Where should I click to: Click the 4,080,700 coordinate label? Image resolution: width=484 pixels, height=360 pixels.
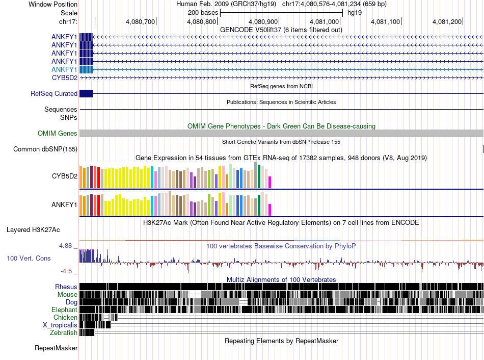tap(140, 21)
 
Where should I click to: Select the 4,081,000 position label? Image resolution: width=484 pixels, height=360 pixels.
tap(324, 21)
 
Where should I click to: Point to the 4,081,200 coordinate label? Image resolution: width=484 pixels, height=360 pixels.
tap(447, 21)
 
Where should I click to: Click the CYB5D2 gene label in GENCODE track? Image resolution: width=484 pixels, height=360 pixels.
tap(65, 78)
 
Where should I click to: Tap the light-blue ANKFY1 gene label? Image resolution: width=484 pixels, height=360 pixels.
tap(64, 69)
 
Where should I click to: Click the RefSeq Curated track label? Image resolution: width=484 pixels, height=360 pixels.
tap(54, 93)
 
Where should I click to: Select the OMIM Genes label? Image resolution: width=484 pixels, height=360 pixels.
tap(58, 133)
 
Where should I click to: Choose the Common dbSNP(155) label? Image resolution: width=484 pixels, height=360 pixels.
tap(45, 149)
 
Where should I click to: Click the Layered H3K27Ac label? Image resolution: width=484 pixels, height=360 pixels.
tap(33, 229)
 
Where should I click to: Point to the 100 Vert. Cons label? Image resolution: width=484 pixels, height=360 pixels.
tap(29, 258)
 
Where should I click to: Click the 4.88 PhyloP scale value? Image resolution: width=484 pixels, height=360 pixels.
tap(65, 246)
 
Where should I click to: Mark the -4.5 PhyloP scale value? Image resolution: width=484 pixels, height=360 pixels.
tap(66, 271)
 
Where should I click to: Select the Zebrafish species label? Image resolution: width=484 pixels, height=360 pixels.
tap(64, 332)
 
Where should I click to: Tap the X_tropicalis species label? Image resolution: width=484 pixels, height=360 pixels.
tap(60, 325)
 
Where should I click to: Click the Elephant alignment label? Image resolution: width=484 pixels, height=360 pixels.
tap(64, 310)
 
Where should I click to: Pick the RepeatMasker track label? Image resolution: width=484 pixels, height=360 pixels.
tap(56, 348)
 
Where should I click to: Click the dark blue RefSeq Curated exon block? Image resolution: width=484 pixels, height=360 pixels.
tap(86, 93)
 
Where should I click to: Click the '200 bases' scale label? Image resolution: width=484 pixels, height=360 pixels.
tap(203, 13)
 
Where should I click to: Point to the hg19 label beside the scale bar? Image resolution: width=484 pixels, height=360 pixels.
tap(355, 13)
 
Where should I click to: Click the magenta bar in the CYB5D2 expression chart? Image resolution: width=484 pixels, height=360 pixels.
tap(270, 183)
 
